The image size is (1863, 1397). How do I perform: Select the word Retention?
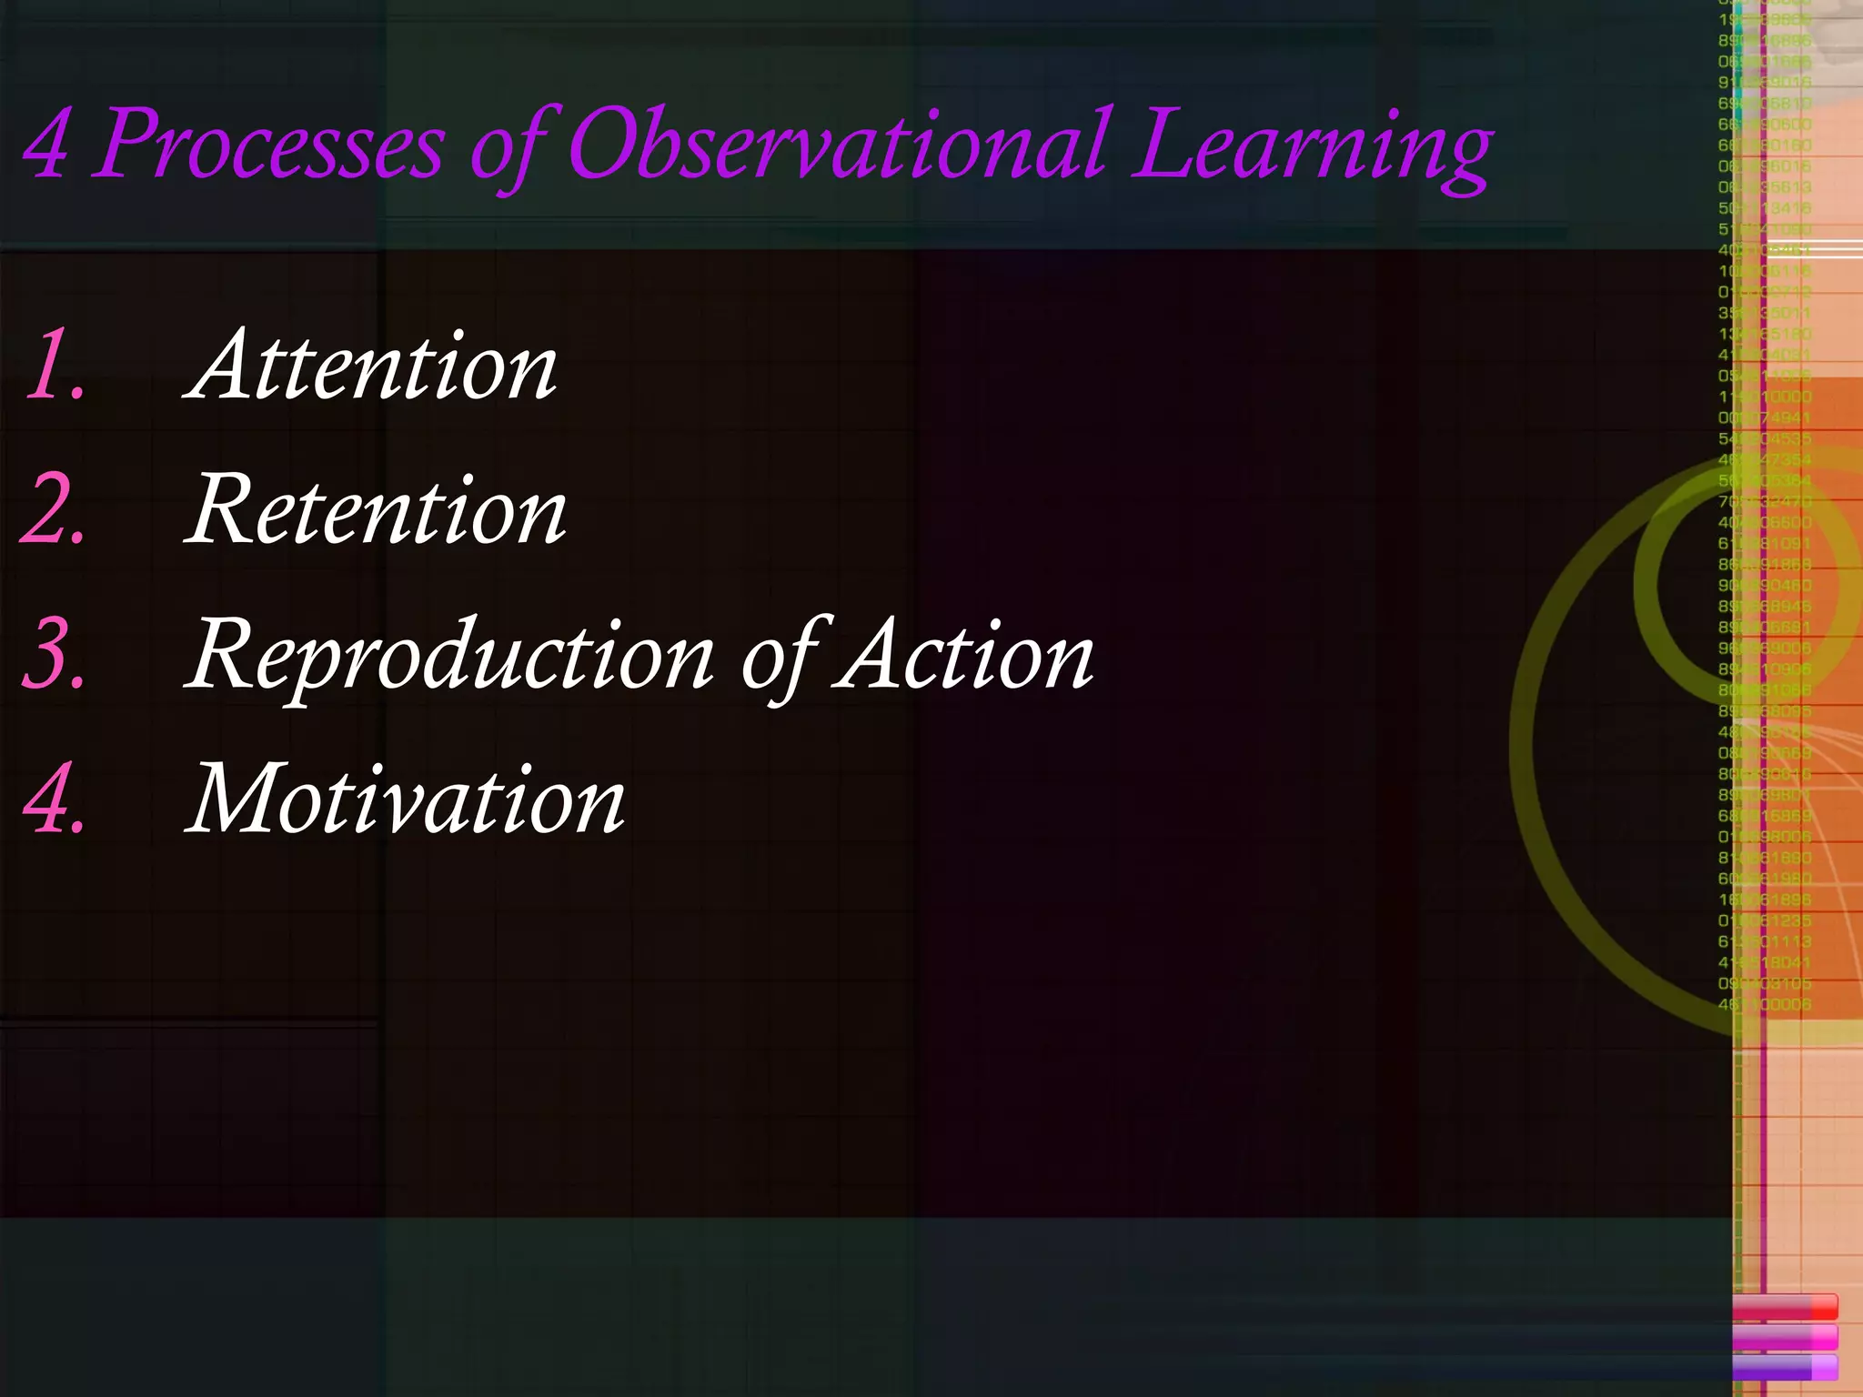pyautogui.click(x=377, y=510)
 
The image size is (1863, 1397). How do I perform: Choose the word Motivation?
pyautogui.click(x=406, y=800)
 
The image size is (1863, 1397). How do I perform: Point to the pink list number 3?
pyautogui.click(x=55, y=655)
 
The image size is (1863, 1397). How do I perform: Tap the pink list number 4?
pyautogui.click(x=55, y=800)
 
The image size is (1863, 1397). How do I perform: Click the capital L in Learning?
pyautogui.click(x=1168, y=144)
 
